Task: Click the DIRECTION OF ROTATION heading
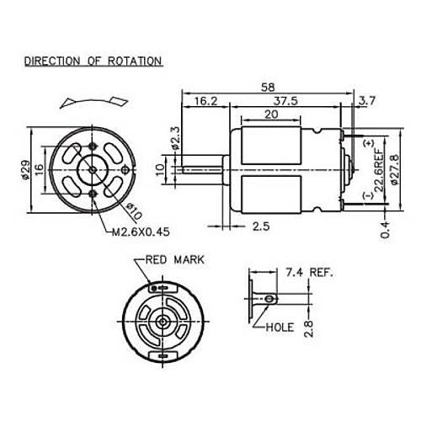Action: [93, 61]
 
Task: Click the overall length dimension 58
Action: [268, 86]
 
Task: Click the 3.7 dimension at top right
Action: [367, 101]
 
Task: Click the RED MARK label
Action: [175, 261]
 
